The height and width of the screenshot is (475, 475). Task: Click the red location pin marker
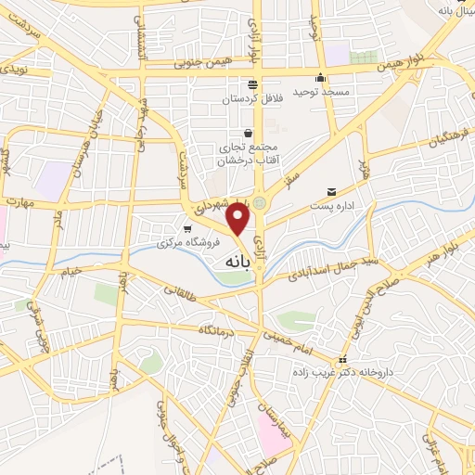[239, 220]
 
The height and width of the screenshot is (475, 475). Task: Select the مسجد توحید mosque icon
[320, 77]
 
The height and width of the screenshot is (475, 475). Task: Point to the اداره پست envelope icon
[331, 192]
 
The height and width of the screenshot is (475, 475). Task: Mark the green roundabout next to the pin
[262, 202]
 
